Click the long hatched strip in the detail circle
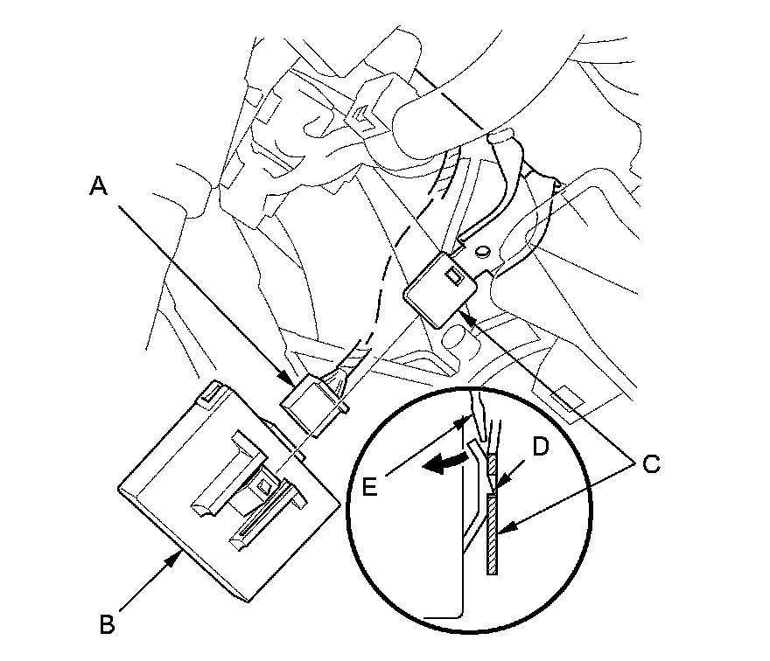pyautogui.click(x=493, y=533)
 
